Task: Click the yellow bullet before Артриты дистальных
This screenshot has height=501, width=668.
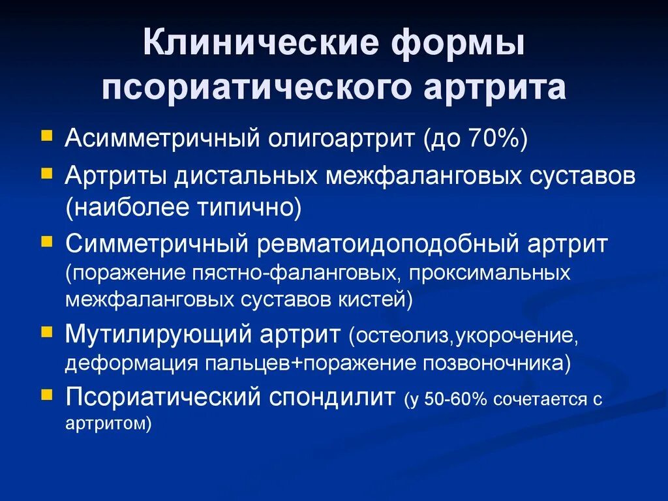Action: coord(45,174)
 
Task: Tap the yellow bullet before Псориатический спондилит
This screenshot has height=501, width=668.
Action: coord(45,393)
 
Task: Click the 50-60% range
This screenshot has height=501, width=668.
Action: coord(456,399)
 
